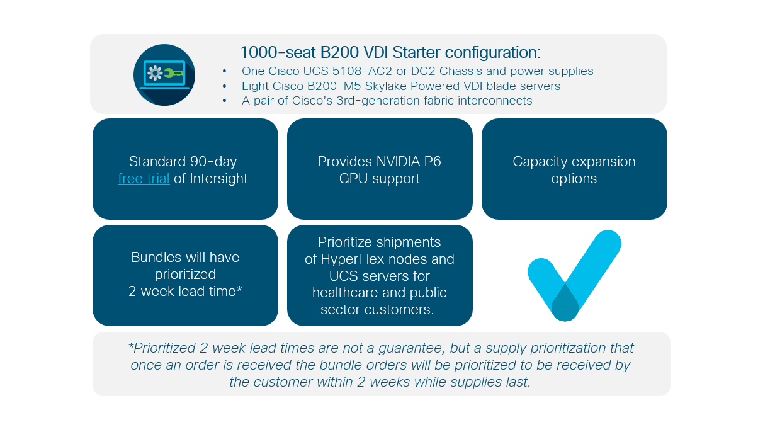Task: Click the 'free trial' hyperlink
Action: point(144,179)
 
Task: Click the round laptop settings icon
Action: point(164,75)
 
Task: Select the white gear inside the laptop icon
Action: point(155,73)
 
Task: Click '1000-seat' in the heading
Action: point(278,53)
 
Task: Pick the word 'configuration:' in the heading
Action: point(493,53)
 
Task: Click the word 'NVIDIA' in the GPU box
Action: point(398,162)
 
